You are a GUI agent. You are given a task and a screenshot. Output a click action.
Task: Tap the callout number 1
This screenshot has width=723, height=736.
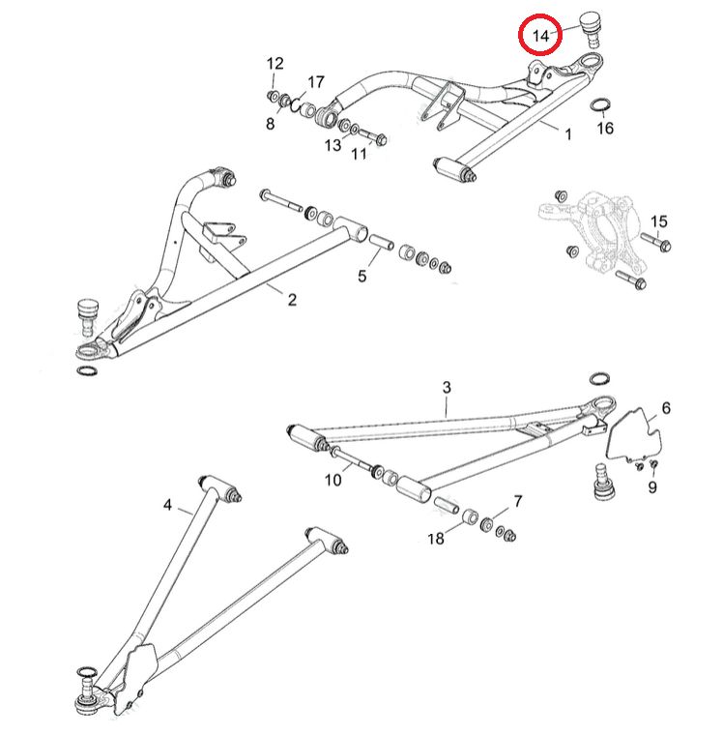[x=568, y=135]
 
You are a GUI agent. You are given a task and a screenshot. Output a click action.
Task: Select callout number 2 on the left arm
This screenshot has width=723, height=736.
[x=292, y=301]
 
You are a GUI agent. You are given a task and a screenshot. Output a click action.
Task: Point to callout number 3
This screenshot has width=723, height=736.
[x=447, y=388]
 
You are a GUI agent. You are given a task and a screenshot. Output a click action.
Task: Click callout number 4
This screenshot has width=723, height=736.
[x=167, y=505]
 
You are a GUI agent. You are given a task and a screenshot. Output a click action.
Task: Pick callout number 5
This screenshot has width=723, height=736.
[x=362, y=277]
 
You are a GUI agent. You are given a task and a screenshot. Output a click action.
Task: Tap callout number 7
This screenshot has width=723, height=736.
[x=518, y=501]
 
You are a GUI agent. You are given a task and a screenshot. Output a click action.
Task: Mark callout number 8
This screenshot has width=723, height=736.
[x=271, y=123]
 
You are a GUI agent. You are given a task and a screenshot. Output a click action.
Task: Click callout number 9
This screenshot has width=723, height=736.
[x=652, y=487]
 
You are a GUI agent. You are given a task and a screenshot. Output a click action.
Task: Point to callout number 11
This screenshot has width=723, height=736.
[x=360, y=154]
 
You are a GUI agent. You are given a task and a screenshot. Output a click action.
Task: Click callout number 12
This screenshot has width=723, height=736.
[x=275, y=64]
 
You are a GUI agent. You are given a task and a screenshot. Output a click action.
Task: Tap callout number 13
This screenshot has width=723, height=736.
[x=333, y=145]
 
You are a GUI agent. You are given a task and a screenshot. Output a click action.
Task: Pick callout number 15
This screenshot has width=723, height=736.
[x=658, y=222]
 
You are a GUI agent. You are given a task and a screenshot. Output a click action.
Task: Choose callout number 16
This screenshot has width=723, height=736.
[x=605, y=128]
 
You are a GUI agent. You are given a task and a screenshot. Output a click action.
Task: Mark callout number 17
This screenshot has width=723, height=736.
[x=316, y=81]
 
